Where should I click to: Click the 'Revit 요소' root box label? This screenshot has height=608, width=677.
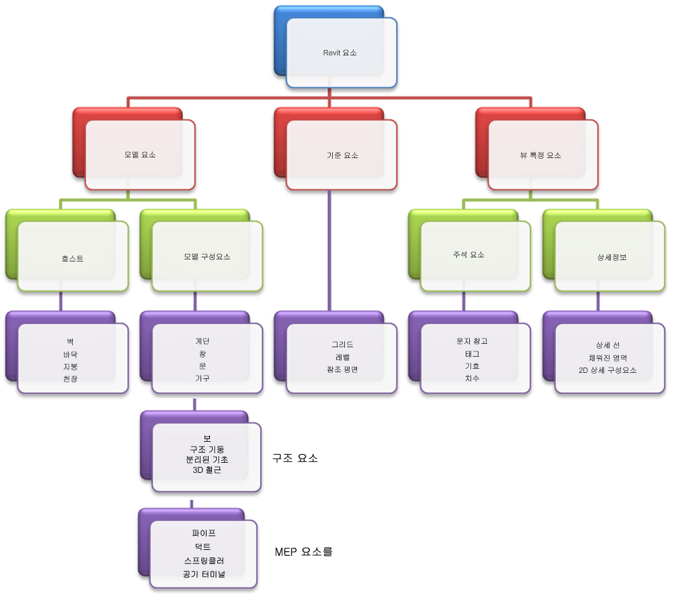point(340,53)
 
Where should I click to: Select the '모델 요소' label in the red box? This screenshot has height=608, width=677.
point(140,155)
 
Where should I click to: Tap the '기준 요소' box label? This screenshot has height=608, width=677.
point(342,155)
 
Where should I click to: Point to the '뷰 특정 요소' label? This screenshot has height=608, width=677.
point(541,155)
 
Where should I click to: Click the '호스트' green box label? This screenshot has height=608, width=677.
point(72,259)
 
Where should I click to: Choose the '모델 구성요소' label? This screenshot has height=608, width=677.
point(207,257)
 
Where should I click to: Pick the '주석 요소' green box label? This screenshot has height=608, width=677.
point(468,255)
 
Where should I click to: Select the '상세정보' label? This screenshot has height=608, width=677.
point(612,257)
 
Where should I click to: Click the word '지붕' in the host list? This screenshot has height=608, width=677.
point(70,366)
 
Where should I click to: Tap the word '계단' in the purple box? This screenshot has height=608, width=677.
point(202,341)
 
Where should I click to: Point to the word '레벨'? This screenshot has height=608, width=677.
point(342,357)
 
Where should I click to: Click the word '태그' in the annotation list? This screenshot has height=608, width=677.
point(472,354)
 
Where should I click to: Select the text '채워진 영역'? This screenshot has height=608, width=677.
point(607,358)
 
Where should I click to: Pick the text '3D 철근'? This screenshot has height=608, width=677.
point(207,470)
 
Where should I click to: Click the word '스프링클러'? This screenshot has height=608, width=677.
point(204,561)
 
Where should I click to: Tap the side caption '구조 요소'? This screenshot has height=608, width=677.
point(295,458)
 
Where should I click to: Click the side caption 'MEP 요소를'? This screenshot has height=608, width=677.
point(304,552)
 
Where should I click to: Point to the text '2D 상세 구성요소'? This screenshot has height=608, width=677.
point(607,370)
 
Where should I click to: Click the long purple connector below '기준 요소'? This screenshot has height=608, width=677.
point(329,251)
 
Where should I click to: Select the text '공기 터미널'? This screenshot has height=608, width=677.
point(204,574)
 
